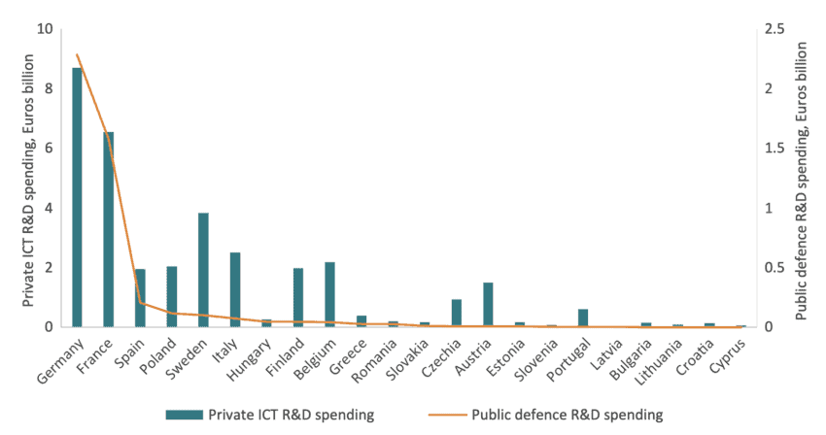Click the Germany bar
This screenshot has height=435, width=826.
pos(77,198)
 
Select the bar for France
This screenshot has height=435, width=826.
pos(109,230)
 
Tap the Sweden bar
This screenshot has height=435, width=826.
pos(203,270)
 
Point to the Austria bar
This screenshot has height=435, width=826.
pos(488,305)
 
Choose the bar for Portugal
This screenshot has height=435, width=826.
pos(583,318)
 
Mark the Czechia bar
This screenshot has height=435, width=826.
pos(457,314)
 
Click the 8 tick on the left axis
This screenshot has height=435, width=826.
pos(48,88)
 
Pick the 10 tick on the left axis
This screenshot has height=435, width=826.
pos(45,28)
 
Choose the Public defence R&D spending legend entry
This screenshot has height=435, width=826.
pos(566,415)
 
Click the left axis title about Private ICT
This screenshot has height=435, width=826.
pos(28,180)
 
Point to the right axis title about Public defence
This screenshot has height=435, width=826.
pos(803,180)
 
